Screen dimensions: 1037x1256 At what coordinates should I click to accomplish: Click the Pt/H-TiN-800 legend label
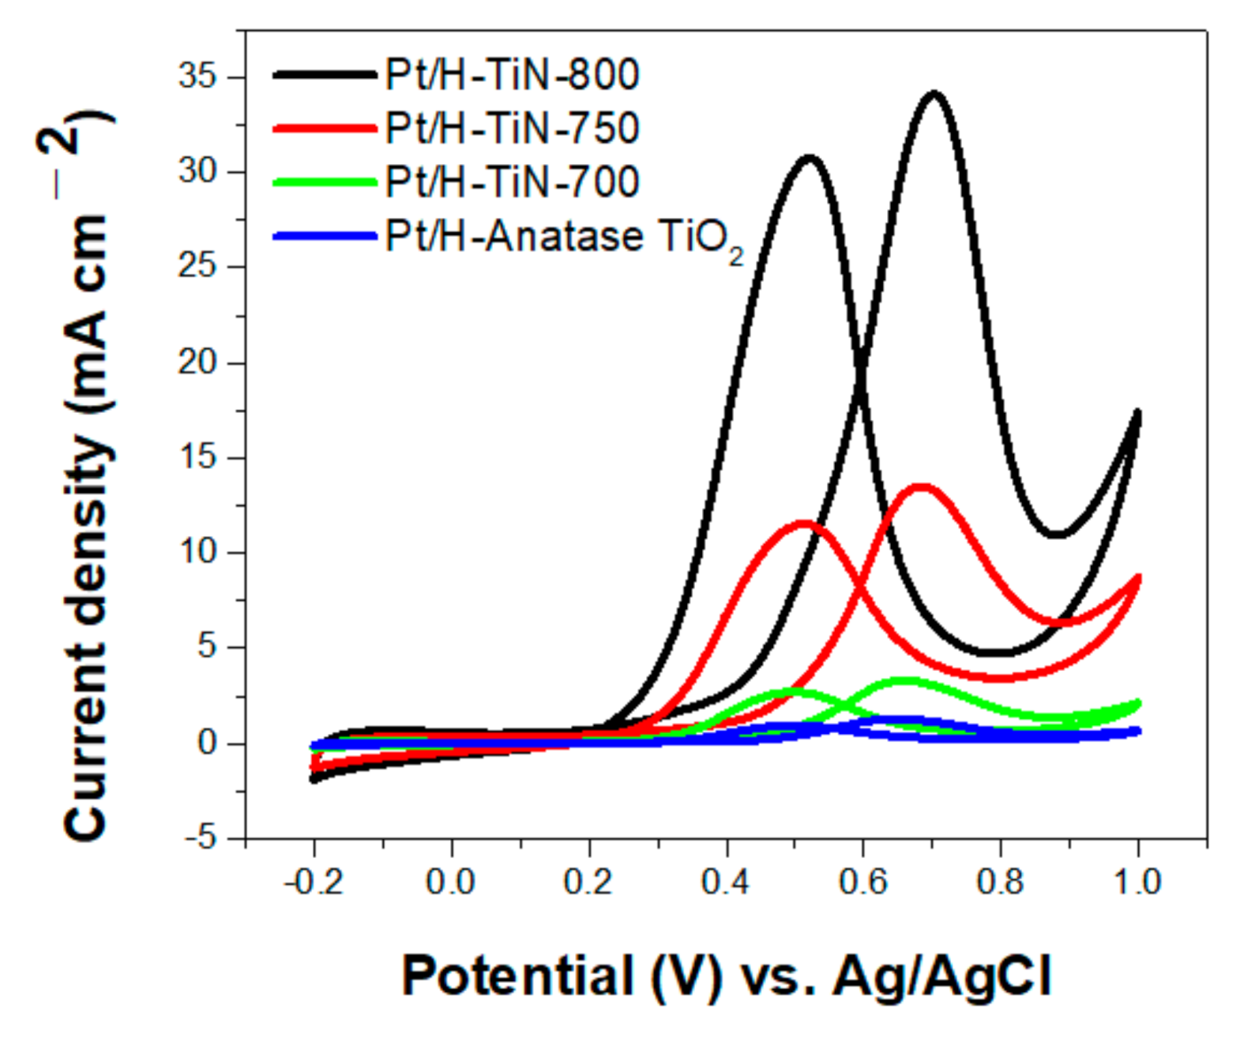511,74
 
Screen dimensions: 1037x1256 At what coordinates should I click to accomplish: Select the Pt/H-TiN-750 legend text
511,129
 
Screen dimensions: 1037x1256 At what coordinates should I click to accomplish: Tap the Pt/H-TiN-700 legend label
511,182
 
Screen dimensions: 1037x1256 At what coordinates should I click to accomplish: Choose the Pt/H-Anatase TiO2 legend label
564,238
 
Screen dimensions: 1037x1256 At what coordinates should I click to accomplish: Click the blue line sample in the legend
324,236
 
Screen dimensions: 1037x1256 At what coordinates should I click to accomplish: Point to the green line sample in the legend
324,182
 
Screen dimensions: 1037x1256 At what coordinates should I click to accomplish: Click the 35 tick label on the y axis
197,76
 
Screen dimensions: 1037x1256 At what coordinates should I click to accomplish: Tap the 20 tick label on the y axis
197,362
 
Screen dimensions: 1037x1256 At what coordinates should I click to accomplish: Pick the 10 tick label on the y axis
197,551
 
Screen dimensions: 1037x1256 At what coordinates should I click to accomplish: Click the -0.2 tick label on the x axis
313,882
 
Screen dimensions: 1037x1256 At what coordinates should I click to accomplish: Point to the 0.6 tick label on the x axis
862,882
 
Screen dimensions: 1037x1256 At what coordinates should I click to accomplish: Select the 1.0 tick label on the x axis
1137,882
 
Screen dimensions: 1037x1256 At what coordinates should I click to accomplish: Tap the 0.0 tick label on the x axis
450,882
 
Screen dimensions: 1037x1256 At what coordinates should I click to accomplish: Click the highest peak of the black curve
933,94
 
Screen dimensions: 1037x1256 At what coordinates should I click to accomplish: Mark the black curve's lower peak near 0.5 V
809,159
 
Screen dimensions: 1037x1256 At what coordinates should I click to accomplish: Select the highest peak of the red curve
922,487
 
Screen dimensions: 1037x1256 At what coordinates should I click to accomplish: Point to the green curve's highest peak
904,681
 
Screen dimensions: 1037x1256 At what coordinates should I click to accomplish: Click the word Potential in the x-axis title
517,977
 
